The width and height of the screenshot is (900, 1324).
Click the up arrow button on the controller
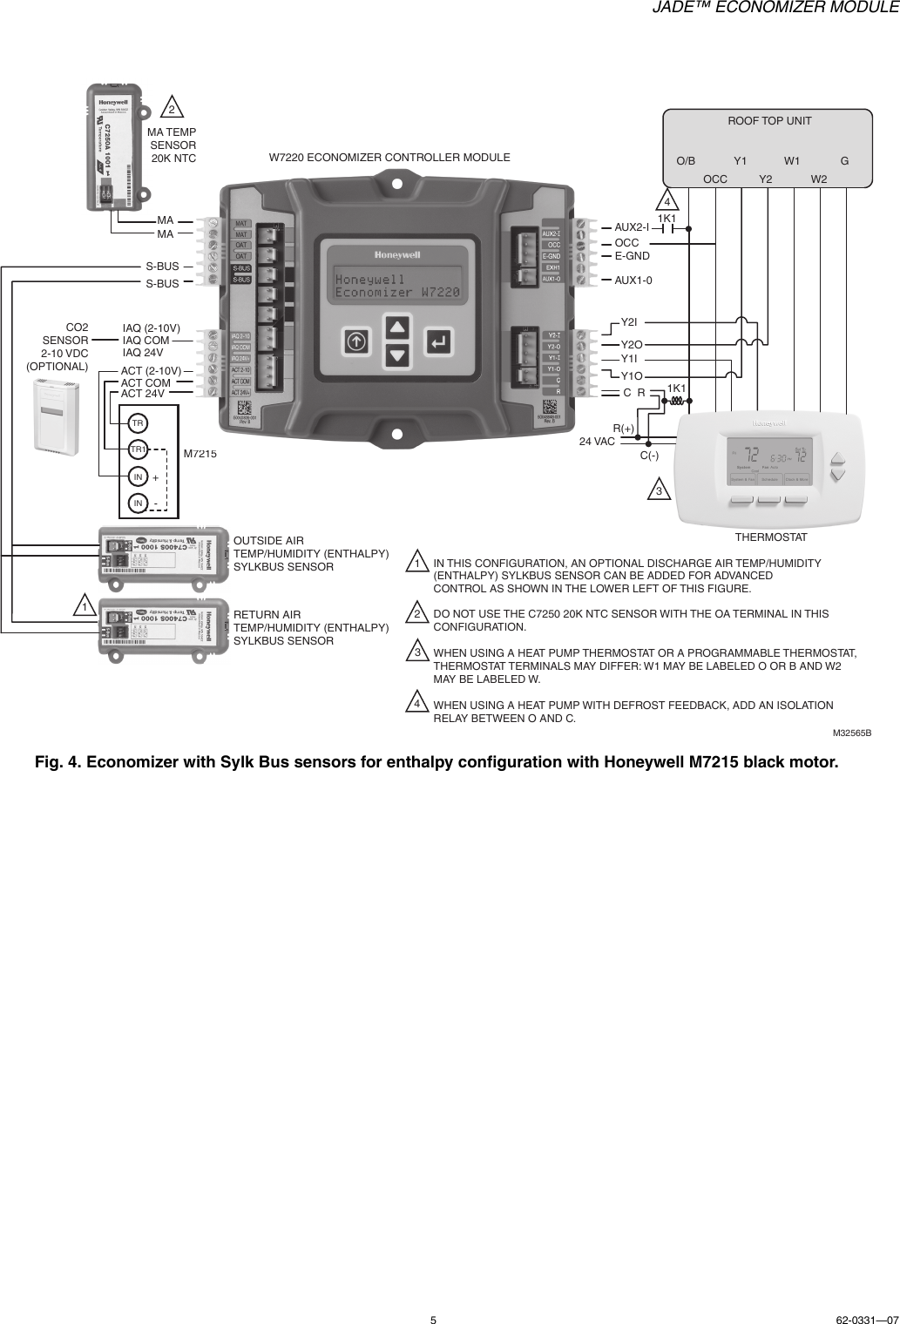click(397, 328)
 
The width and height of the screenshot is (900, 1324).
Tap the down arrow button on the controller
click(397, 355)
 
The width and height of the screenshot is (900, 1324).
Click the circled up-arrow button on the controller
click(355, 341)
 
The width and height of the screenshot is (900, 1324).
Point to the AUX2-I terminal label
click(631, 228)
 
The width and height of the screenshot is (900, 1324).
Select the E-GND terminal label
click(633, 255)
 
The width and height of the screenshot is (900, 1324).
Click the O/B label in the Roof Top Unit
click(686, 161)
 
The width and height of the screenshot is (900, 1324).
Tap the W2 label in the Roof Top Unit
click(819, 179)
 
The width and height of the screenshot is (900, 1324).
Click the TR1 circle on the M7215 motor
click(138, 449)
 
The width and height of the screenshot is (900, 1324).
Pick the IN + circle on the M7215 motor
click(138, 477)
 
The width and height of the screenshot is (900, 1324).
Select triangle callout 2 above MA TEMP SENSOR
click(173, 109)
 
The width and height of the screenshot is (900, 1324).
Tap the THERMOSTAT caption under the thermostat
click(771, 537)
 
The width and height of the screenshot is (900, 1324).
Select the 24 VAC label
click(597, 442)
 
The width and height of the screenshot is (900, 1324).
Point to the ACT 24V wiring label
click(142, 394)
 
